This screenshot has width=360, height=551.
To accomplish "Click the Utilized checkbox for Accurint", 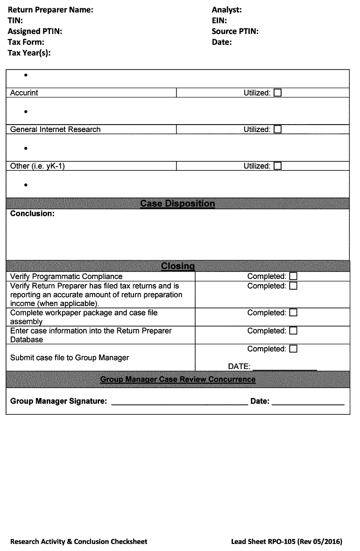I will [x=278, y=93].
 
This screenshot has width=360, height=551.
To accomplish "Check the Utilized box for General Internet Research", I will [x=278, y=129].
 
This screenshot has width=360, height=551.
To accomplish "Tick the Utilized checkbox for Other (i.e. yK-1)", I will [x=278, y=166].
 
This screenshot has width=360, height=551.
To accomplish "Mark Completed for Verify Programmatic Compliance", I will [x=293, y=276].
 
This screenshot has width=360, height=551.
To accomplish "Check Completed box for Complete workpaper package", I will [x=293, y=313].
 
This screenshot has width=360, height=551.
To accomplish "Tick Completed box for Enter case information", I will [x=293, y=331].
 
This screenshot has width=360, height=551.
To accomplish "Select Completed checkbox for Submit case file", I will [x=293, y=349].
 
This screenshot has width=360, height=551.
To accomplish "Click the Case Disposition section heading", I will [x=177, y=203].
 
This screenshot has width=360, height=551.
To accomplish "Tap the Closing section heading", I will [x=177, y=266].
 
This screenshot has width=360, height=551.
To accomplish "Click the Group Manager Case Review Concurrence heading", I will [x=177, y=379].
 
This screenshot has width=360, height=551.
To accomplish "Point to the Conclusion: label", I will [x=32, y=214].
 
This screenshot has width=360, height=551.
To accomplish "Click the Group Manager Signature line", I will [x=179, y=401].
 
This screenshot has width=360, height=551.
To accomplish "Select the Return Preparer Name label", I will [x=50, y=10].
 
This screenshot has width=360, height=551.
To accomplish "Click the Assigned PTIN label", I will [x=35, y=31].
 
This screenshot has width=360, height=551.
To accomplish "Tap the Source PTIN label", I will [x=235, y=31].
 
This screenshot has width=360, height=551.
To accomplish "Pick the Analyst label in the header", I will [x=226, y=10].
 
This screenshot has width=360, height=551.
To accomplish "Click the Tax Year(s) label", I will [x=29, y=53].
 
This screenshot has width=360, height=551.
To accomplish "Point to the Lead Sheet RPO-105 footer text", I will [x=286, y=542].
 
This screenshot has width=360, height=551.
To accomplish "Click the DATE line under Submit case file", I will [x=284, y=366].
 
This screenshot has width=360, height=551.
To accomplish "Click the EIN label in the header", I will [x=219, y=21].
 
